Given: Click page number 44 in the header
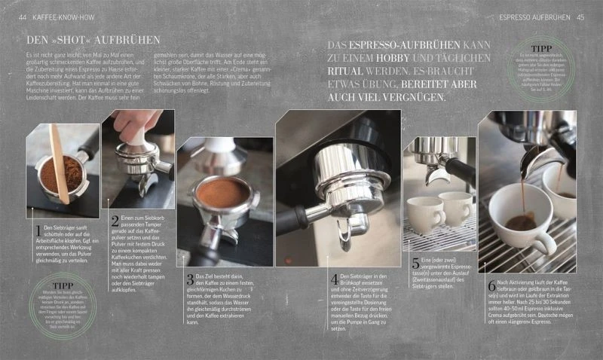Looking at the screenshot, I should point(23,17).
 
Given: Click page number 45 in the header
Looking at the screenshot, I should point(580,17).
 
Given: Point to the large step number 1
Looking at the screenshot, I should point(38,230).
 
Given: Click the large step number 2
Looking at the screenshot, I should point(115,221).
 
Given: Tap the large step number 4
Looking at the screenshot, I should point(334,279).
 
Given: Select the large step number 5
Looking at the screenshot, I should point(415,264).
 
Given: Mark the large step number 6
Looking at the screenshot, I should point(491,286).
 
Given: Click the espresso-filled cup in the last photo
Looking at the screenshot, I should point(520,215).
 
